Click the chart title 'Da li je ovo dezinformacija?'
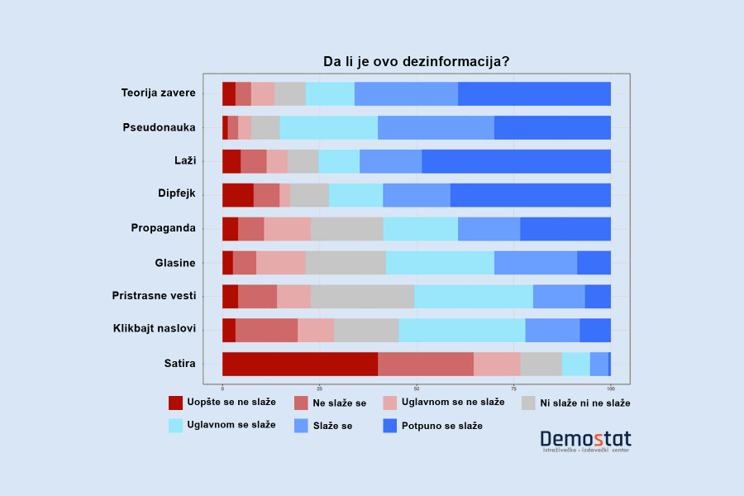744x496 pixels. pos(416,62)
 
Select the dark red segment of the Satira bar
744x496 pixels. pos(300,364)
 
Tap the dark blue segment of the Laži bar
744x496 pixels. pos(516,161)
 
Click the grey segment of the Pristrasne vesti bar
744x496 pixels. pos(362,296)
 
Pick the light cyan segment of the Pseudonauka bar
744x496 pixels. pos(328,128)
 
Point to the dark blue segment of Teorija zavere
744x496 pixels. pos(534,94)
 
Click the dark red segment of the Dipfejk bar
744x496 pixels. pos(238,195)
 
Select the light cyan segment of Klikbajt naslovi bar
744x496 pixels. pos(461,330)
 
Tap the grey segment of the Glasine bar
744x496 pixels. pos(346,263)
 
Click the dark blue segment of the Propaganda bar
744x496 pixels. pos(565,229)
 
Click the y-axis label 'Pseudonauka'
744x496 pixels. pos(159,127)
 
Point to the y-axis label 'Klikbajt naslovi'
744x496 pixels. pos(155,329)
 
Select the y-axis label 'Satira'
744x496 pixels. pos(179,363)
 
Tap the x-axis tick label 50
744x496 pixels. pos(417,388)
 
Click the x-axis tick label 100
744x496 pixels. pos(610,388)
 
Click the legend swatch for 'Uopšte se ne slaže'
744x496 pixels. pos(176,403)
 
